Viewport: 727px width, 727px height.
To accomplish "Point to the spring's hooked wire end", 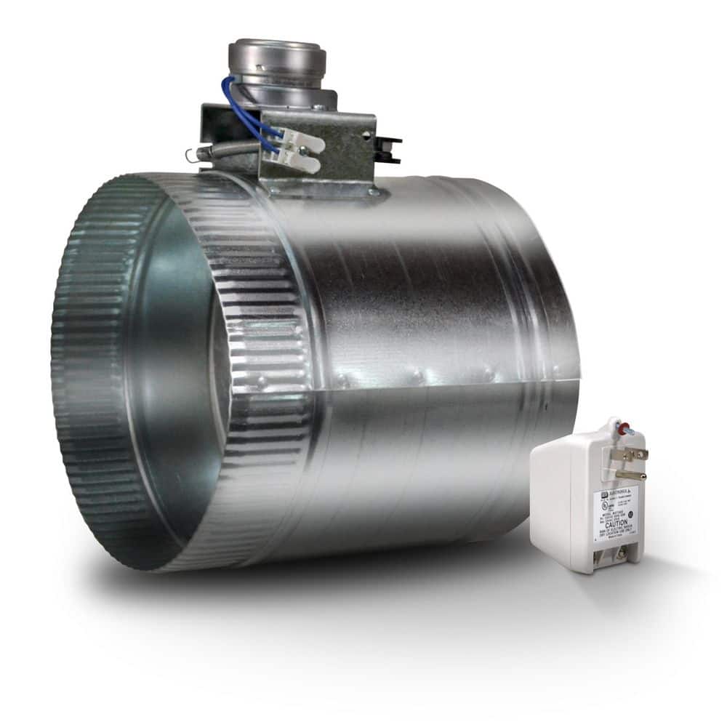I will point(190,155).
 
